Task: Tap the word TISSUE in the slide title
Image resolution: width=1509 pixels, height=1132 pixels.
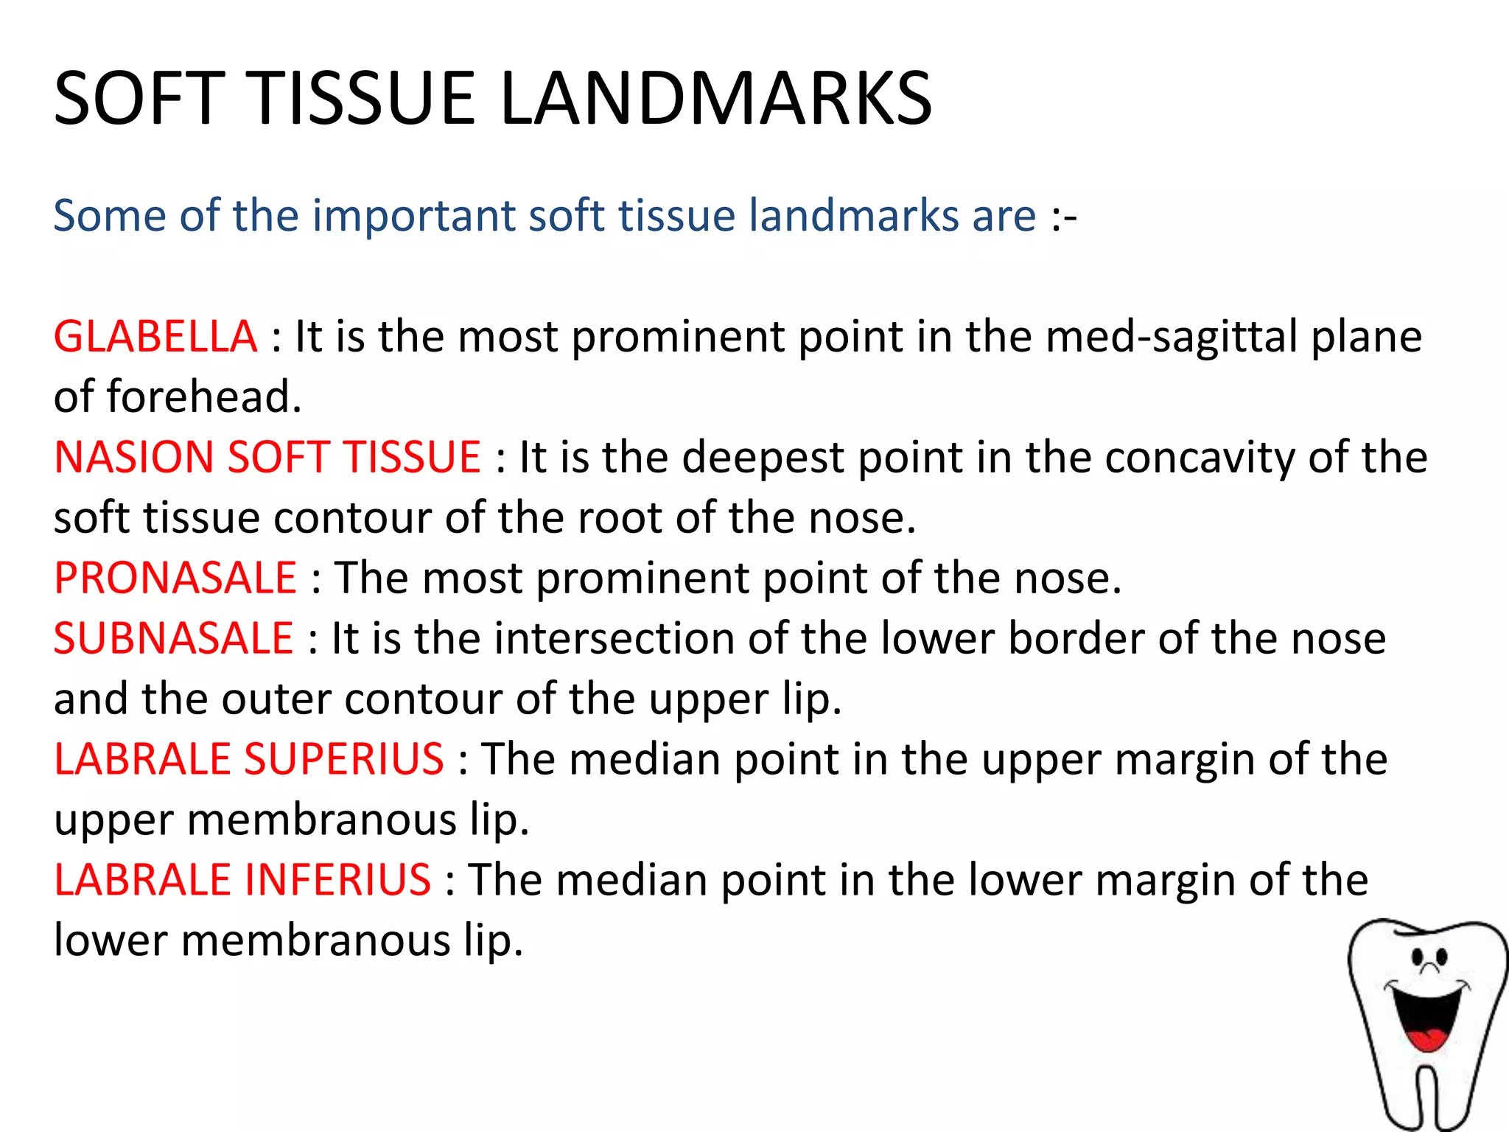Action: (x=364, y=98)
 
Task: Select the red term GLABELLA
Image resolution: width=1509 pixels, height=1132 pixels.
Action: (x=155, y=337)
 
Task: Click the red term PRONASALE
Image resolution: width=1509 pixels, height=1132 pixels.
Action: (x=175, y=577)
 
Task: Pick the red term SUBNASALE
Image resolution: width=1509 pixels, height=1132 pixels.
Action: (x=174, y=638)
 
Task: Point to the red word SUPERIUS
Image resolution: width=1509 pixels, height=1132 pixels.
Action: (x=344, y=759)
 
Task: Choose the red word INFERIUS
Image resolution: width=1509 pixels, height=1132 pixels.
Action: (x=337, y=880)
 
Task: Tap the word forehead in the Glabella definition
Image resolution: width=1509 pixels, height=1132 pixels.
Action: (x=203, y=397)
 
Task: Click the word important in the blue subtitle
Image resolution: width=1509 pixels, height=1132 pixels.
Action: (x=413, y=216)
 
